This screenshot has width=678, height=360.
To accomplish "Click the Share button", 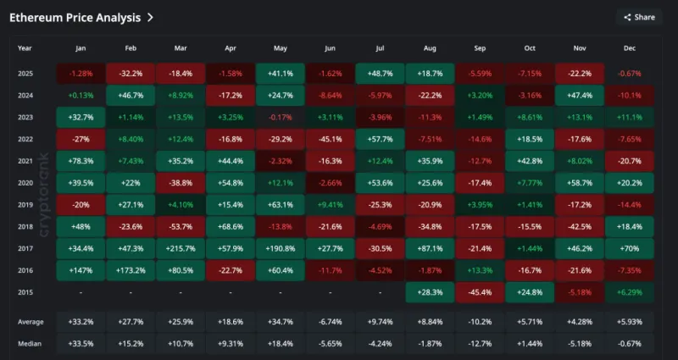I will tap(639, 17).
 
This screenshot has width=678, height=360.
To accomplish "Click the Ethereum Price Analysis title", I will tap(75, 16).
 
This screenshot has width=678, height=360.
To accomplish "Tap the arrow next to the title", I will tap(151, 16).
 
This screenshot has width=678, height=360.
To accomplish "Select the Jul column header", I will tap(380, 49).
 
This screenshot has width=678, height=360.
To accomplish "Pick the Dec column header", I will tap(630, 49).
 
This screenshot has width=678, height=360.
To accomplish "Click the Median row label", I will tap(31, 344).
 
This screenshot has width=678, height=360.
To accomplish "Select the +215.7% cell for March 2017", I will tap(181, 248).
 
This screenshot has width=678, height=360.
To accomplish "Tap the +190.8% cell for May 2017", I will tap(280, 248).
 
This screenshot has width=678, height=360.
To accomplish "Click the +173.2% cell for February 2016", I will tap(131, 270).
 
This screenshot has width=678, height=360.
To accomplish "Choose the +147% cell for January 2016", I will tap(81, 270).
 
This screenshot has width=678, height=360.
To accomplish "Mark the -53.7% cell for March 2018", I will tap(181, 226).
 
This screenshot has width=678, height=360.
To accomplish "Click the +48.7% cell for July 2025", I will tap(380, 73).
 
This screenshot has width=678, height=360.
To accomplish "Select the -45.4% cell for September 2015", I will tap(480, 292).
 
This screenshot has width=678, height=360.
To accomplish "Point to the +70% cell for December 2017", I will tap(630, 248).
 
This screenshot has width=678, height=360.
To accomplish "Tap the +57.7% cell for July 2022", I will tap(380, 139).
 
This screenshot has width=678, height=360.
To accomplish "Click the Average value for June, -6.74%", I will tap(330, 322).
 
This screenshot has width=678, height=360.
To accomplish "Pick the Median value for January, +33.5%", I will tap(81, 344).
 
